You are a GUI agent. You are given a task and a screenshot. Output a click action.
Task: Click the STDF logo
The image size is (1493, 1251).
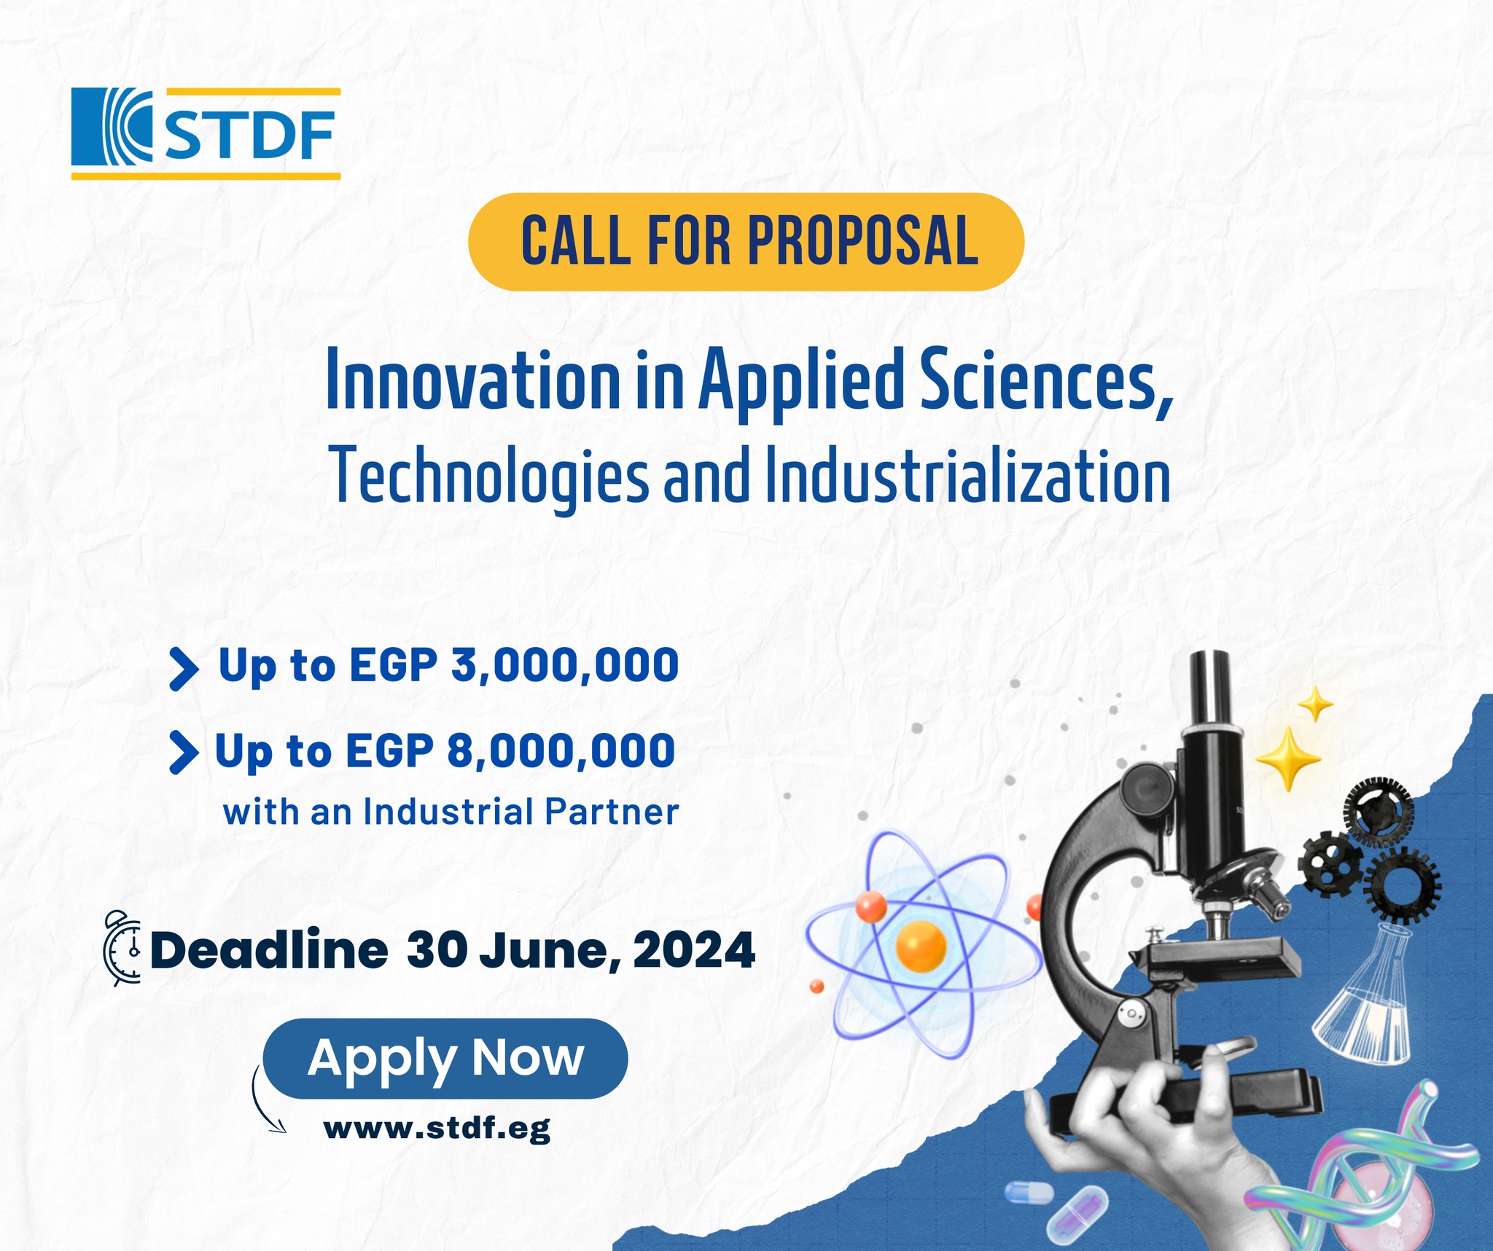pyautogui.click(x=206, y=134)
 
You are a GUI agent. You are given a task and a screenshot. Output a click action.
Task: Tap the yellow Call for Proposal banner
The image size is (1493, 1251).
pyautogui.click(x=746, y=242)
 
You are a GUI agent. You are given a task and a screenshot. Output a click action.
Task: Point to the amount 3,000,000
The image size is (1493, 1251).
pyautogui.click(x=566, y=665)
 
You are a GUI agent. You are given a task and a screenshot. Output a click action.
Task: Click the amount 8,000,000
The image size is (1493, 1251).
pyautogui.click(x=561, y=750)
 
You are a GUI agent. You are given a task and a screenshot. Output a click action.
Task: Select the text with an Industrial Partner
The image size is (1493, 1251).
pyautogui.click(x=451, y=812)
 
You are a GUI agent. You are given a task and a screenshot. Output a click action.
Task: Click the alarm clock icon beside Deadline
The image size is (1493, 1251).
pyautogui.click(x=124, y=947)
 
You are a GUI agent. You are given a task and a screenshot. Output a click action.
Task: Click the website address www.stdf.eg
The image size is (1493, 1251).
pyautogui.click(x=437, y=1129)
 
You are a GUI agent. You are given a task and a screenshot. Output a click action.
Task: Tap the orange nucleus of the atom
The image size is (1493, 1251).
pyautogui.click(x=921, y=946)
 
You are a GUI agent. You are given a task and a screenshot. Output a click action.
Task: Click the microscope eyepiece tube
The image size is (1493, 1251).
pyautogui.click(x=1210, y=692)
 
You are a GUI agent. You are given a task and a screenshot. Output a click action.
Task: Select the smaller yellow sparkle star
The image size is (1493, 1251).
pyautogui.click(x=1316, y=705)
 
